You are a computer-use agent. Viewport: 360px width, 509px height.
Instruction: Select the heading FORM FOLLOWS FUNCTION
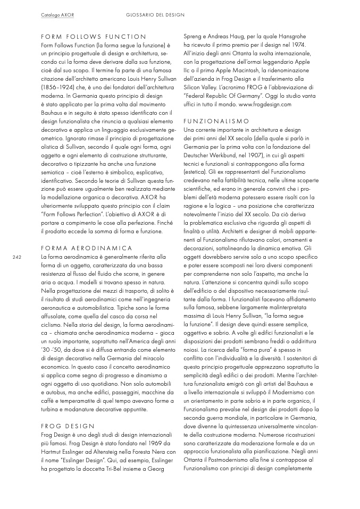pos(94,37)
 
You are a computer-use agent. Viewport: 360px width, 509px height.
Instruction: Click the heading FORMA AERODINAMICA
pos(87,248)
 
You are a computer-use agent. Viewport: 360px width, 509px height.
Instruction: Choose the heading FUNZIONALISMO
pos(216,121)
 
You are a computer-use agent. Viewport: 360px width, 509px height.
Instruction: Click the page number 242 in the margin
pos(16,257)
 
